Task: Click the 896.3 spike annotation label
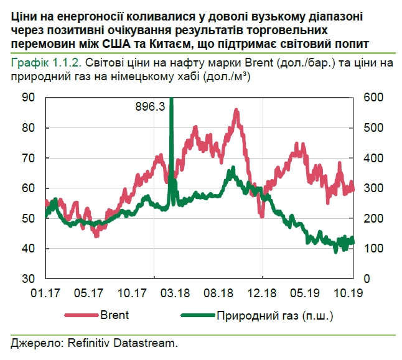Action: pyautogui.click(x=150, y=106)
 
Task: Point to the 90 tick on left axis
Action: pyautogui.click(x=28, y=98)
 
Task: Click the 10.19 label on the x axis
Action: pyautogui.click(x=350, y=292)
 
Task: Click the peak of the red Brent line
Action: pyautogui.click(x=236, y=110)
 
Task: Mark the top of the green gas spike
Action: pyautogui.click(x=171, y=99)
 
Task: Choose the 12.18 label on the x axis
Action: pyautogui.click(x=263, y=292)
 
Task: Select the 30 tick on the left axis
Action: pyautogui.click(x=28, y=278)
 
